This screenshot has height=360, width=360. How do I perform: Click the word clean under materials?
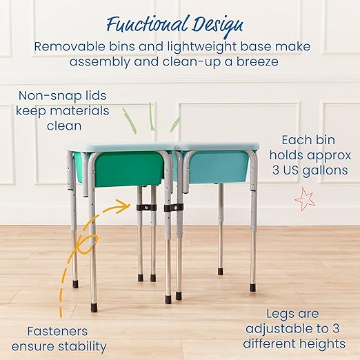click(x=64, y=126)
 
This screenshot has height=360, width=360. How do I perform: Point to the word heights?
click(x=321, y=343)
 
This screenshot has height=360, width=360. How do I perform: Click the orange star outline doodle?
click(x=303, y=200)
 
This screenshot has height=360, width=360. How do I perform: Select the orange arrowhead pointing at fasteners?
click(x=124, y=204)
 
